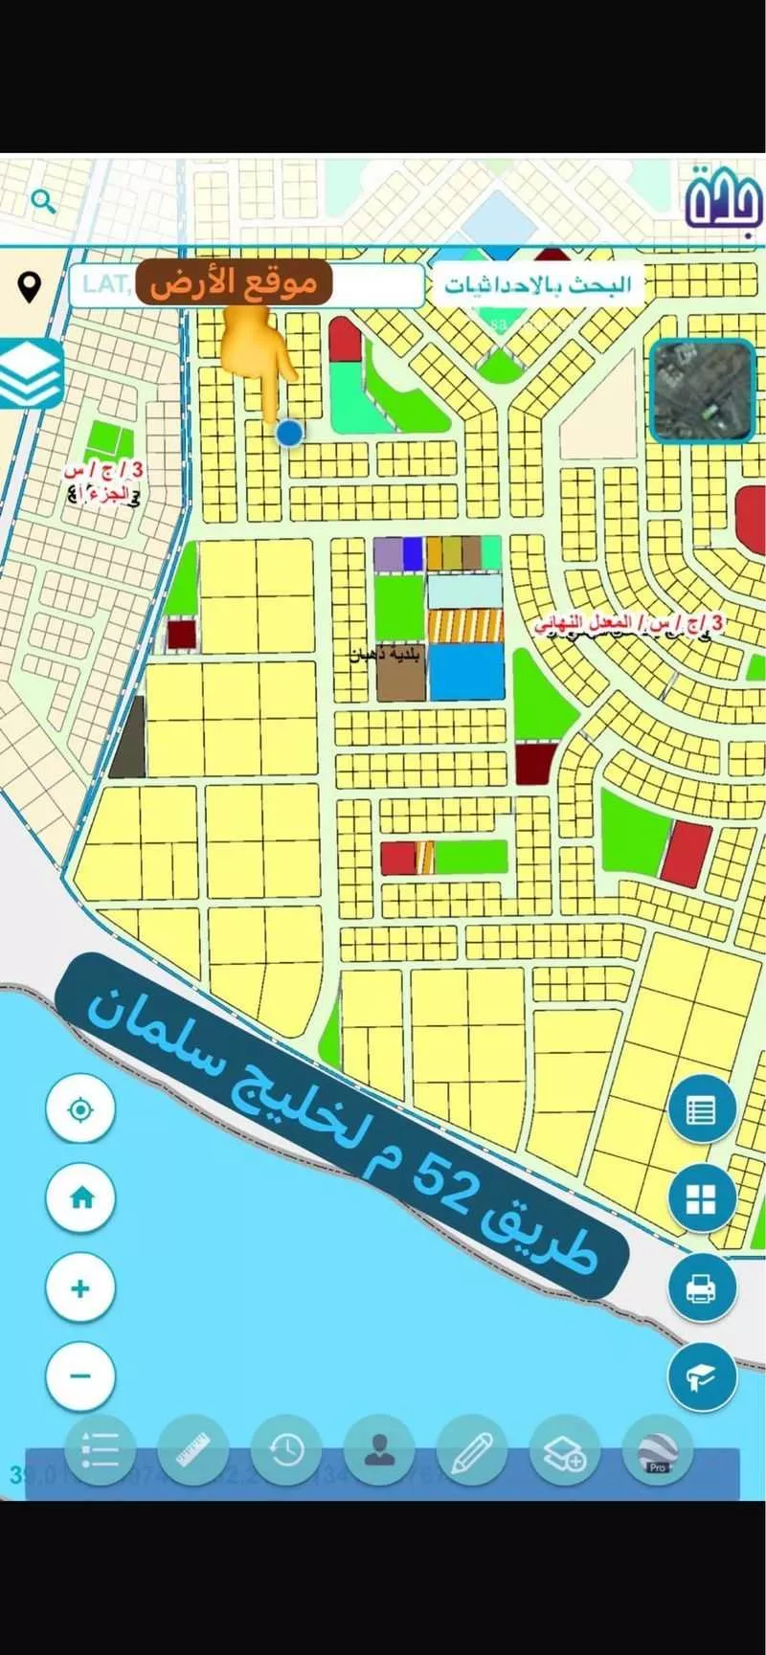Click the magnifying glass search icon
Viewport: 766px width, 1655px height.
click(43, 201)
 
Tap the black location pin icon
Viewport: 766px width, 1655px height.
click(30, 286)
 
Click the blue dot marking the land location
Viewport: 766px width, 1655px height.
click(289, 433)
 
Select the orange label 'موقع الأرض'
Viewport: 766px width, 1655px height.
click(234, 283)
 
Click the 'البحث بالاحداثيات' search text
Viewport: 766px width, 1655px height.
click(537, 285)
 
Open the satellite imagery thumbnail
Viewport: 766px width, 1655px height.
click(702, 391)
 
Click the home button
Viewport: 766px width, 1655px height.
click(81, 1197)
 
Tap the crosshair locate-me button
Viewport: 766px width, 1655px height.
click(81, 1110)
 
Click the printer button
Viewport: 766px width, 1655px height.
click(701, 1287)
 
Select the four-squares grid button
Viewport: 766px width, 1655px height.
click(701, 1198)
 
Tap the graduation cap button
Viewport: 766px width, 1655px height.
click(701, 1376)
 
